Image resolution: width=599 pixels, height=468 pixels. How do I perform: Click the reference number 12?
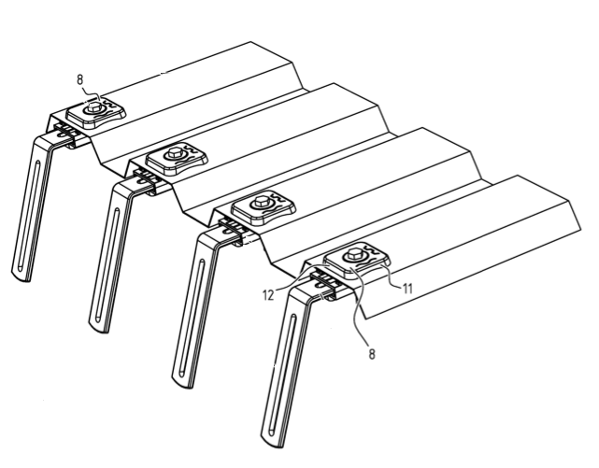tap(268, 295)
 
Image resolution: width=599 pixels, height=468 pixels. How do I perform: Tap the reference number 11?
tap(407, 289)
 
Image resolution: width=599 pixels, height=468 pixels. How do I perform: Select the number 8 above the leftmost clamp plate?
tap(79, 80)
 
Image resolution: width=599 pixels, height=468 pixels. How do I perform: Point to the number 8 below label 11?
tap(372, 354)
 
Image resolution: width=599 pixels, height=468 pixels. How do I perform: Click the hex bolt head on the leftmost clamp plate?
tap(93, 108)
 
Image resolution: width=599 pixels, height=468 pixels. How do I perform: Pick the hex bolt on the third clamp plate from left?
tap(262, 201)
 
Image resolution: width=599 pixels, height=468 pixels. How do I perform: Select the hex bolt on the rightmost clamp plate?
tap(352, 253)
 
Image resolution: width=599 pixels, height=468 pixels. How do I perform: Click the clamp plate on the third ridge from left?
tap(264, 208)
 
